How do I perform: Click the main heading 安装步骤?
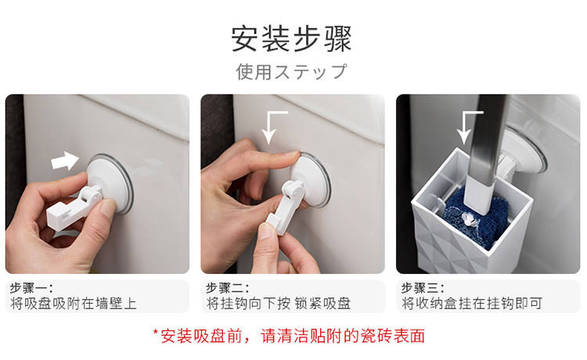[292, 38]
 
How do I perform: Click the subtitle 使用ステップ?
[292, 71]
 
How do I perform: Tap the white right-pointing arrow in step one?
[65, 160]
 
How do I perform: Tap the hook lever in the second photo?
[285, 207]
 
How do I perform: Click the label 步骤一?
[31, 288]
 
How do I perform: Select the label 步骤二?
[227, 288]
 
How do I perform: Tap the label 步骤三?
[423, 288]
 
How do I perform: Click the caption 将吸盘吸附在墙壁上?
[74, 304]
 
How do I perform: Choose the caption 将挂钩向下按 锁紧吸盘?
[279, 304]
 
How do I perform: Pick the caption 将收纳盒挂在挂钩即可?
[472, 304]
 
